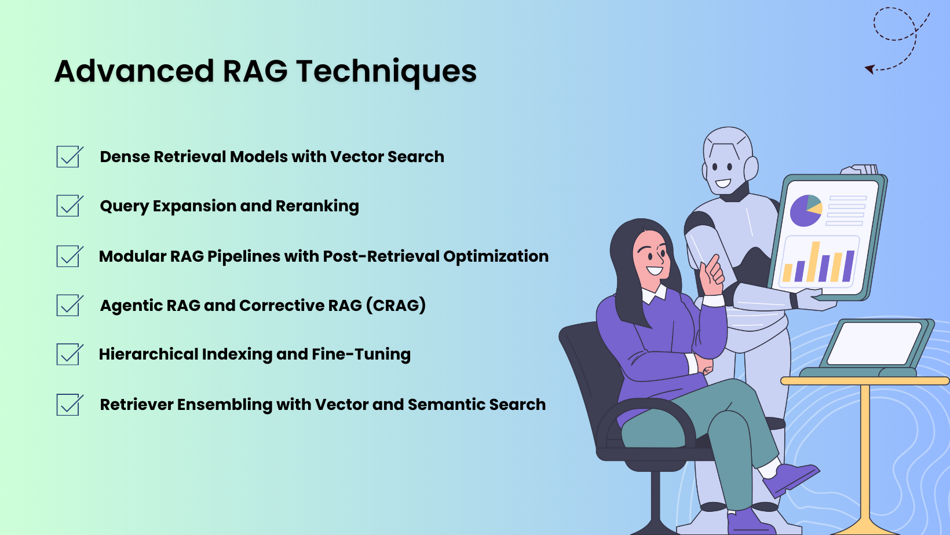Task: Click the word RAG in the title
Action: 255,71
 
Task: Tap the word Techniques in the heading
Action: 386,71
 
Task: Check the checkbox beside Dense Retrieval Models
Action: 69,157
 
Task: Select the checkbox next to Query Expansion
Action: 69,206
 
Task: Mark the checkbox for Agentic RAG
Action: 69,306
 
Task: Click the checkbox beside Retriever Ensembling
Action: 69,405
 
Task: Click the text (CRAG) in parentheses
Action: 396,305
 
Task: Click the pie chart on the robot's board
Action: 806,210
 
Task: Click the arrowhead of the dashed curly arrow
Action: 869,69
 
